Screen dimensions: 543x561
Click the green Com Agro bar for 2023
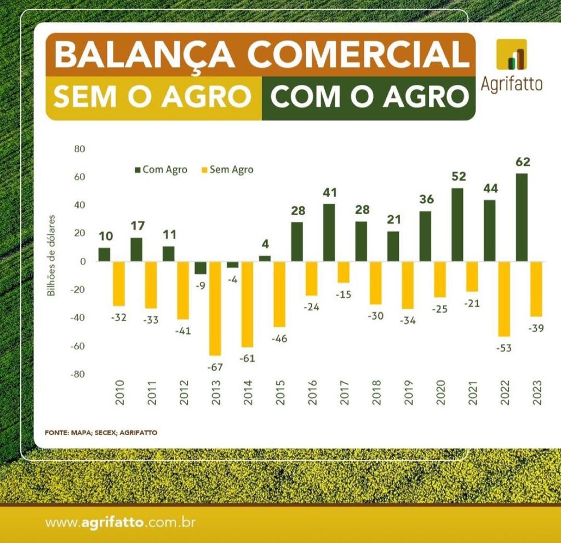tap(522, 217)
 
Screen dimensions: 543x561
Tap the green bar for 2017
tap(329, 233)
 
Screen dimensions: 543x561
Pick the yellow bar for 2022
tap(504, 299)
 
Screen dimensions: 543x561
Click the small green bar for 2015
tap(265, 258)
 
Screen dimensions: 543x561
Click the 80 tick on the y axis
tap(80, 149)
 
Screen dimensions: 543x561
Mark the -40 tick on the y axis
tap(78, 318)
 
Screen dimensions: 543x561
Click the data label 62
tap(522, 162)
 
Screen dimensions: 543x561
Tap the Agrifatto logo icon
tap(511, 54)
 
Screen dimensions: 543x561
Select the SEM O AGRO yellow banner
tap(152, 97)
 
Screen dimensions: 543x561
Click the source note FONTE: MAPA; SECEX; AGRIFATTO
tap(101, 432)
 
